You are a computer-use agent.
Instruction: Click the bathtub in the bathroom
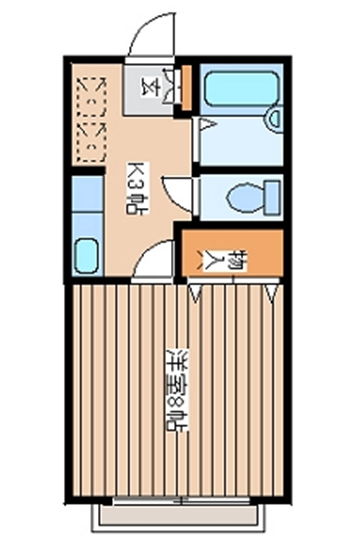coord(243,88)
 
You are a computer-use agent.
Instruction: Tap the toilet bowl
coord(246,198)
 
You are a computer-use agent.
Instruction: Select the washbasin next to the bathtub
coord(275,119)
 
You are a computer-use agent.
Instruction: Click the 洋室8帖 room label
coord(177,391)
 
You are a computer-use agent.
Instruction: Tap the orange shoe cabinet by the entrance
coord(186,88)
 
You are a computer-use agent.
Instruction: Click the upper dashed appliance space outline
coord(92,96)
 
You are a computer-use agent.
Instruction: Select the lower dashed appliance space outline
coord(92,141)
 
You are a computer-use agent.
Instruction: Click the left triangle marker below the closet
coord(196,293)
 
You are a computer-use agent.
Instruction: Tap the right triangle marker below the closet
coord(272,293)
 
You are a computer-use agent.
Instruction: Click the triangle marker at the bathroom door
coord(207,124)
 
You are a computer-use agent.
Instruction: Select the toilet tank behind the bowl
coord(274,198)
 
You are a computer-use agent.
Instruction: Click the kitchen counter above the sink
coord(88,194)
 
